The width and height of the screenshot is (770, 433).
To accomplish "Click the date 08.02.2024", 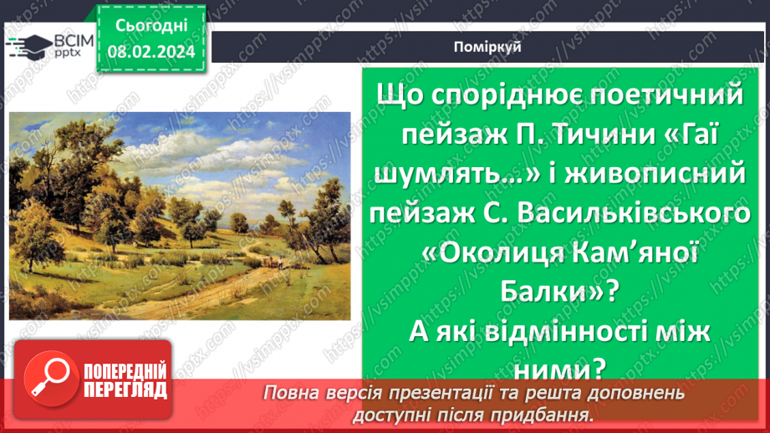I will [150, 52].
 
